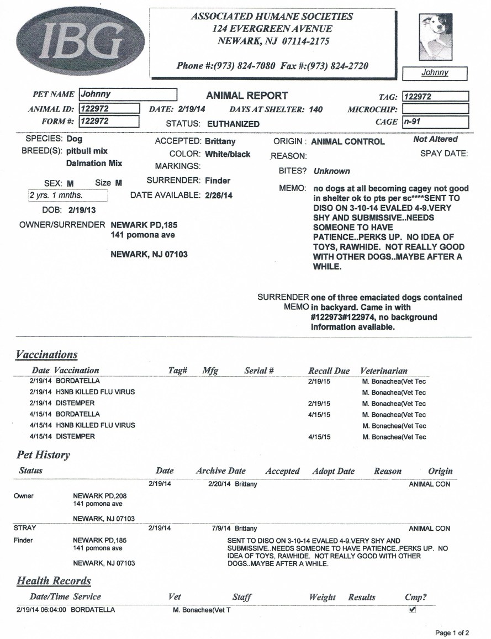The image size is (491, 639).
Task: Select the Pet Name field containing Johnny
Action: tap(128, 94)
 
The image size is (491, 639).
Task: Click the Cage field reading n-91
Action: tap(435, 122)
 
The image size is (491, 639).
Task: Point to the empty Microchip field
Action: tap(435, 109)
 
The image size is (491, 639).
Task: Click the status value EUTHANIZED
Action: tap(233, 124)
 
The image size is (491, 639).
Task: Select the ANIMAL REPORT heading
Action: tap(246, 96)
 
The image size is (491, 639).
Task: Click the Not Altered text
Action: tap(435, 140)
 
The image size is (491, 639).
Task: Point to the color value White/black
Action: tap(227, 154)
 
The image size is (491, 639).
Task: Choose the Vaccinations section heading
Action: tap(46, 355)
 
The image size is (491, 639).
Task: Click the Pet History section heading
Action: tap(43, 455)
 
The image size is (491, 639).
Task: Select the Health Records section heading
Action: tap(54, 580)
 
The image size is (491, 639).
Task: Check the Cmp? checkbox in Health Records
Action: tap(412, 610)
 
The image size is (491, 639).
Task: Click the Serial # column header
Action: tap(259, 371)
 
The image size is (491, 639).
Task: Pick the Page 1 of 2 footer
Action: tap(452, 633)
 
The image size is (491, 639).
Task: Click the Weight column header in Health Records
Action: tap(322, 597)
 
